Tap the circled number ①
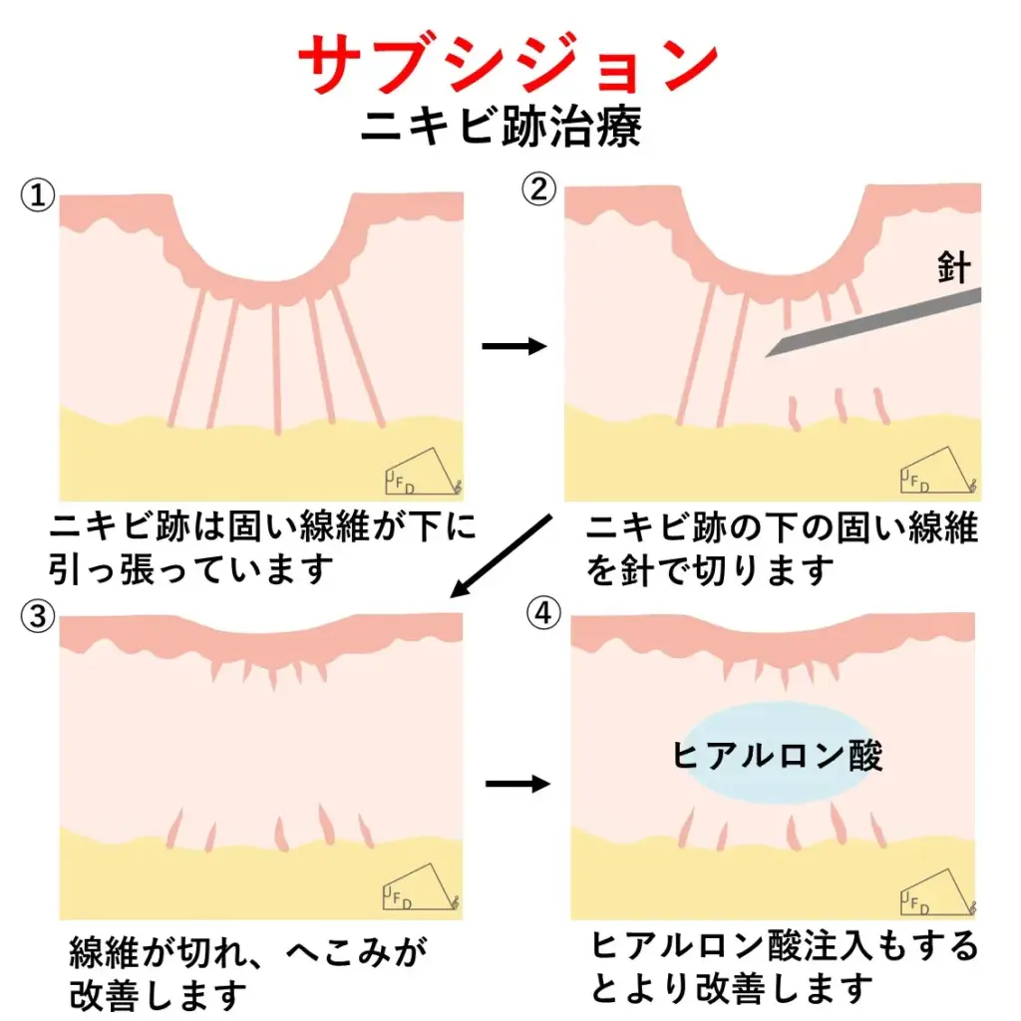(37, 195)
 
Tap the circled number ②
(539, 189)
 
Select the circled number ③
(37, 617)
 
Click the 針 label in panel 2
(953, 268)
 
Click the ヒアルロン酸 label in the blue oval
(778, 755)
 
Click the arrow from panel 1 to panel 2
(514, 346)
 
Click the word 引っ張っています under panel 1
(189, 570)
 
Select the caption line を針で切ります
(709, 570)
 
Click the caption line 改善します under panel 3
(158, 994)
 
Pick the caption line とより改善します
(732, 988)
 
